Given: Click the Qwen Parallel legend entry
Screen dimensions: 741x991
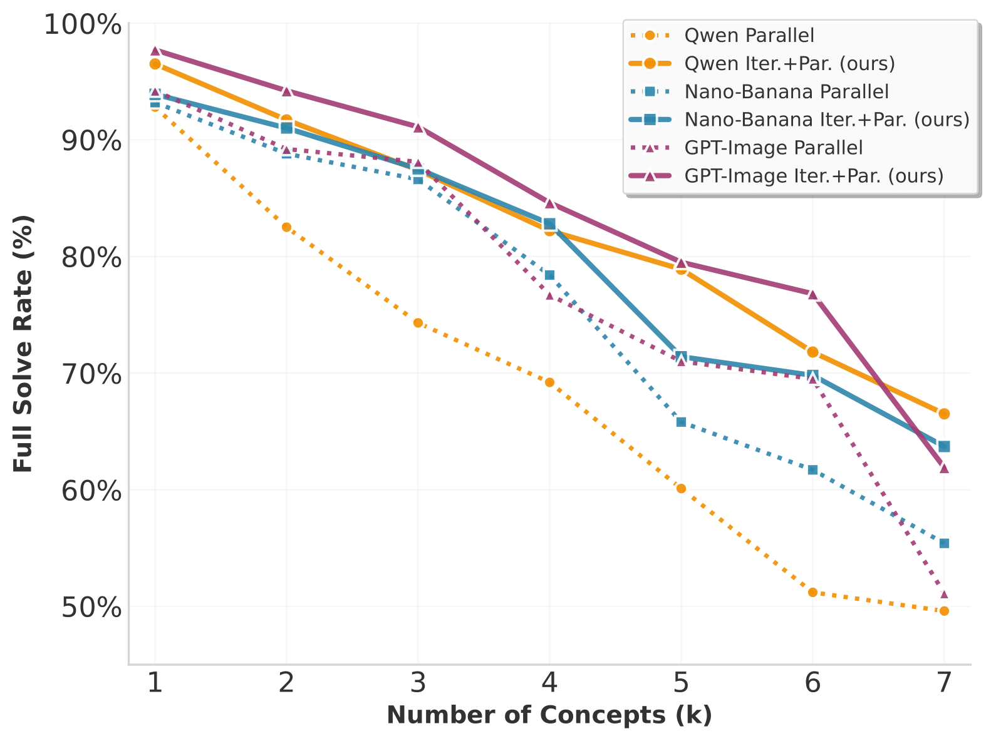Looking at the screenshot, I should (x=749, y=36).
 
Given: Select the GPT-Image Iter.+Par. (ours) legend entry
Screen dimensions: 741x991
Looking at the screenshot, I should (x=814, y=176).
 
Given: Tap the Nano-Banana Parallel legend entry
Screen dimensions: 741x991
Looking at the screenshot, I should (x=786, y=92).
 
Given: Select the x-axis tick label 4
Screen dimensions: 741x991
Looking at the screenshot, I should (x=549, y=683).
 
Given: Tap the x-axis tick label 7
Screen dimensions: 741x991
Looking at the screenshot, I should (x=944, y=683).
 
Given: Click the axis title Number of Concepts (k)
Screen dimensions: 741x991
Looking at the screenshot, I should (x=549, y=715).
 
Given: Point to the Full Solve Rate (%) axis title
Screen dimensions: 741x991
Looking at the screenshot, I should (x=23, y=344).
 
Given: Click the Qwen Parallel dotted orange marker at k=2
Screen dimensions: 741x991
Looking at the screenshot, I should (x=286, y=227).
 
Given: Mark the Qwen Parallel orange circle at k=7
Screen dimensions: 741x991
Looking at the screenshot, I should (x=944, y=611).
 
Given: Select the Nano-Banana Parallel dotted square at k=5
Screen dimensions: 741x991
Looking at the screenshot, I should (x=681, y=422).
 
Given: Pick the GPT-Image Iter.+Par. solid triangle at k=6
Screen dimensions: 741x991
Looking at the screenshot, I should (x=812, y=294).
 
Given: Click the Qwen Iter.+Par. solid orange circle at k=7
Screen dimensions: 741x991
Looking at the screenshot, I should (x=944, y=414).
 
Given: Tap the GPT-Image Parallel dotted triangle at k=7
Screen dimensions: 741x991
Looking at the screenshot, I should (x=944, y=594).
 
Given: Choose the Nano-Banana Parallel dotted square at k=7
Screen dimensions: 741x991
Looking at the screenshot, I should (x=944, y=543).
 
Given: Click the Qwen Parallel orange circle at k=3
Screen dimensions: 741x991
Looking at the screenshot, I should (x=418, y=323).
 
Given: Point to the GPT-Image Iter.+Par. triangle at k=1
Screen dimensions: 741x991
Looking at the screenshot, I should (x=155, y=51).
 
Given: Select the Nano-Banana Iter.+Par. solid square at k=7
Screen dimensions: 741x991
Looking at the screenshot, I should (x=944, y=446).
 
